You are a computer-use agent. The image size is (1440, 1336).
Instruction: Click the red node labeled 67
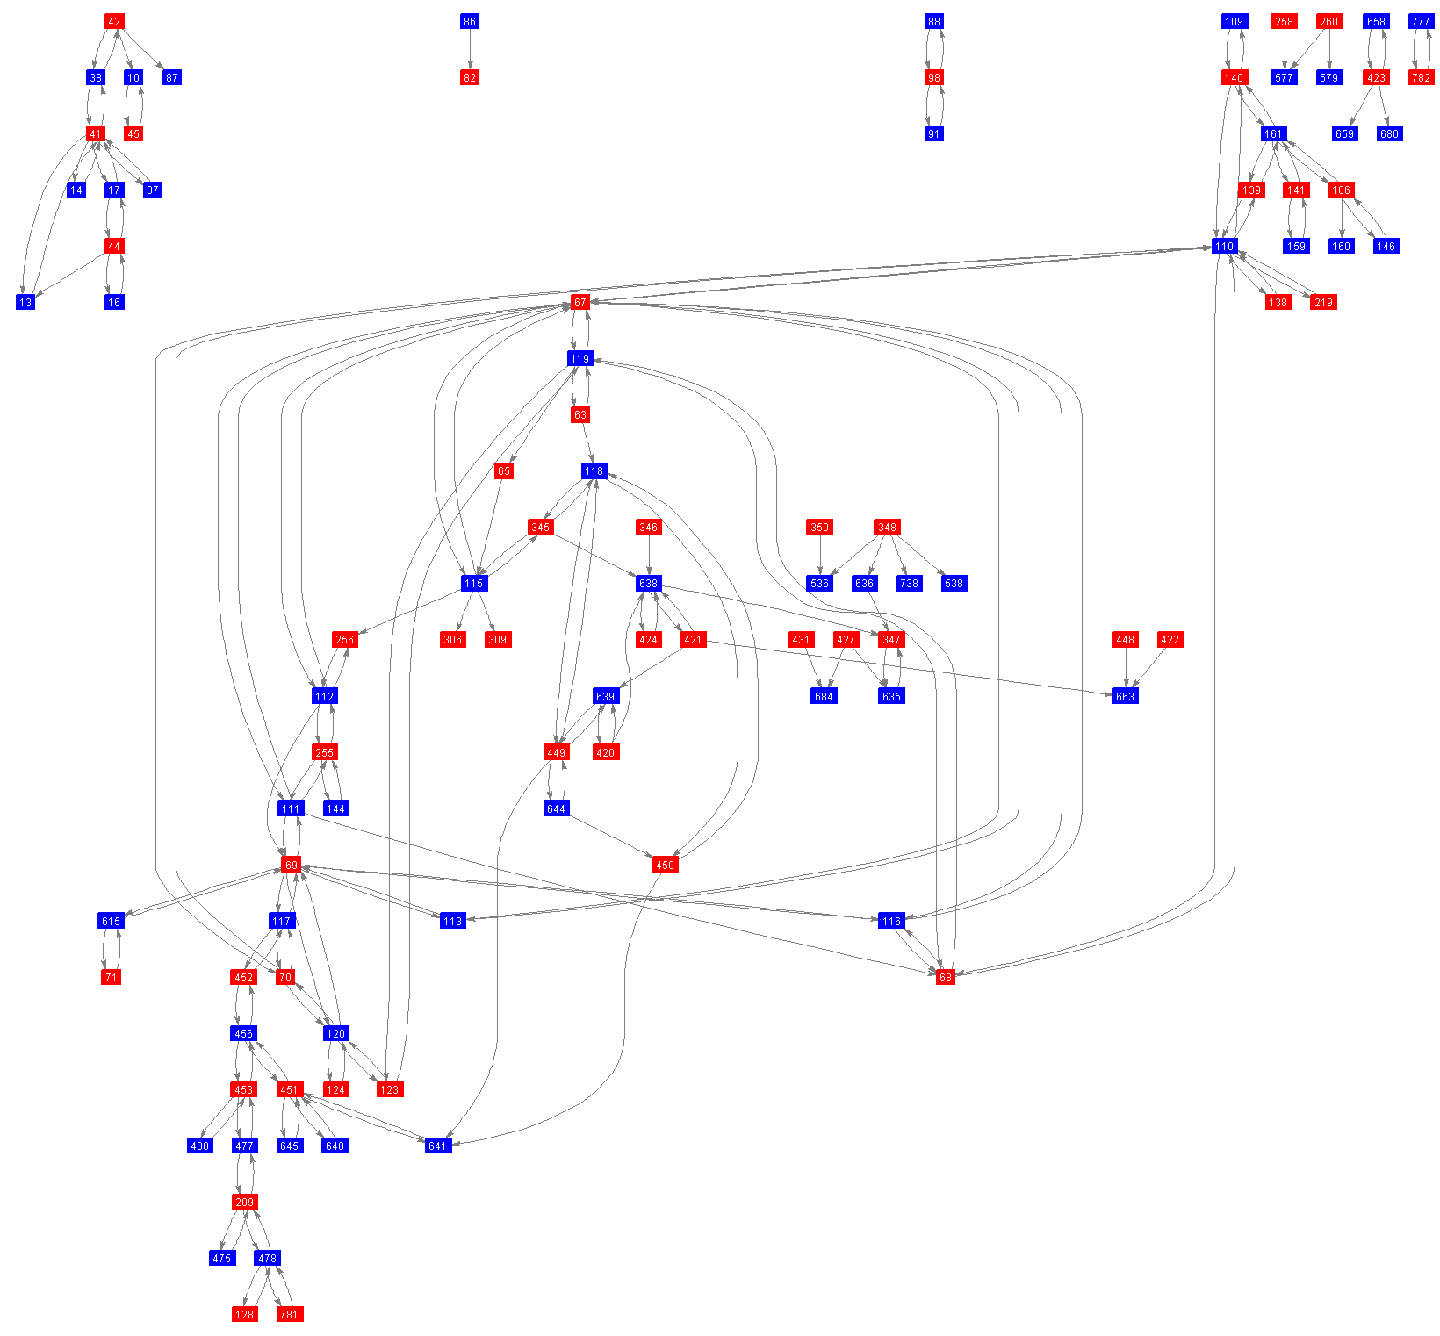pos(580,302)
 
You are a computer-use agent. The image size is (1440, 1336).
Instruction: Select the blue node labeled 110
pos(1224,246)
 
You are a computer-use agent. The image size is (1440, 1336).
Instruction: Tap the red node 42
pos(114,21)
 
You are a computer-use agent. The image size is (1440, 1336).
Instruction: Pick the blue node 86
pos(470,21)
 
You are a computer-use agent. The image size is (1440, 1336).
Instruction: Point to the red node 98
pos(933,77)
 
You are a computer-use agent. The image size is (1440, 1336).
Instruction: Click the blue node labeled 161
pos(1273,133)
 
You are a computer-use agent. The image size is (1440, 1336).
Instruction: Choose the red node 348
pos(887,527)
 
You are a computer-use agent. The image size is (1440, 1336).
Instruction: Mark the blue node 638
pos(648,583)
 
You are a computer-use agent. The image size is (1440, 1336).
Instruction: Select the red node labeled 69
pos(291,865)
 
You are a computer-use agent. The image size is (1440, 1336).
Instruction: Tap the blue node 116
pos(891,921)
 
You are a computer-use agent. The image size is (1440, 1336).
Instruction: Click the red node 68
pos(945,977)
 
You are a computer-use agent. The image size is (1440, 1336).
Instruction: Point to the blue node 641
pos(437,1146)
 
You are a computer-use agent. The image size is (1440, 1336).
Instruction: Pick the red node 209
pos(244,1202)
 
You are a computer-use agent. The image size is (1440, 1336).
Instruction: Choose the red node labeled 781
pos(289,1314)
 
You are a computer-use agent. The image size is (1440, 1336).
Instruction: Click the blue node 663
pos(1125,696)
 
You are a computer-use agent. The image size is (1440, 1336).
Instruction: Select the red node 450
pos(665,865)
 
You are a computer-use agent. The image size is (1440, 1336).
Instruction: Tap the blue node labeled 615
pos(111,921)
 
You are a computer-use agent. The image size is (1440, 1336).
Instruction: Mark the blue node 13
pos(25,302)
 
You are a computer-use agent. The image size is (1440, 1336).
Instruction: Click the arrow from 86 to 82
pos(470,49)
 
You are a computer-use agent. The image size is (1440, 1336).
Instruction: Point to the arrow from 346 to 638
pos(648,555)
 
